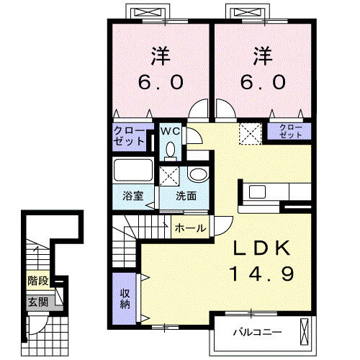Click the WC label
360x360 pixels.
click(x=170, y=131)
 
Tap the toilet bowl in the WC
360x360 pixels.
click(x=171, y=149)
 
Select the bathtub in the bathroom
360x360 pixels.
click(x=133, y=170)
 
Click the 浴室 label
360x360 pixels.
click(x=133, y=196)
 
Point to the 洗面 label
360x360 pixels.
click(x=186, y=196)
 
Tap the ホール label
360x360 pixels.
click(x=190, y=228)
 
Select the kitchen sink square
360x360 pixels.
click(x=257, y=192)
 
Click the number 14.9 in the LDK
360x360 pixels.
click(x=261, y=274)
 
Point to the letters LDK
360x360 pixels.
click(x=261, y=248)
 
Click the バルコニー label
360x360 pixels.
click(x=257, y=333)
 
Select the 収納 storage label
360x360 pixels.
click(x=125, y=299)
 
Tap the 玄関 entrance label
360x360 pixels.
click(x=38, y=302)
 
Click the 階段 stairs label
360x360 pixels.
click(x=38, y=281)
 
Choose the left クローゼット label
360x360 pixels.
click(x=129, y=136)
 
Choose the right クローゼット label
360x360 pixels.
click(x=290, y=131)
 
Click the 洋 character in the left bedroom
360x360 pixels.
click(x=161, y=56)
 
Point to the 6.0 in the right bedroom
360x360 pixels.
click(x=263, y=82)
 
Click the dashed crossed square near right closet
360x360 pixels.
click(x=250, y=134)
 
